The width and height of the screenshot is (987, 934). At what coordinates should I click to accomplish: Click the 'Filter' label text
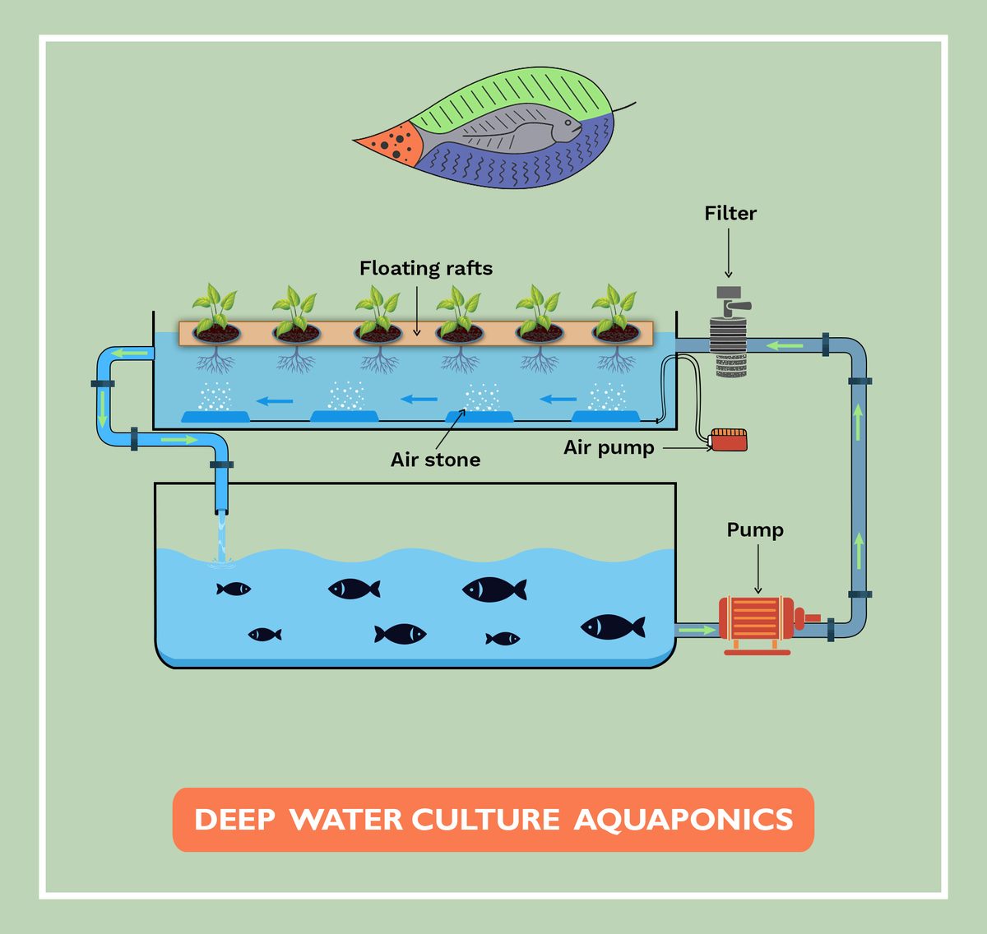click(730, 214)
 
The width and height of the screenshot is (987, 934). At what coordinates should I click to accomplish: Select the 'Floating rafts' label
click(425, 269)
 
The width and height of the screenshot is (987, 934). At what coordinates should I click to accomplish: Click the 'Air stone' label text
click(435, 460)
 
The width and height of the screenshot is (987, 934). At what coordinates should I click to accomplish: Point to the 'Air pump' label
click(609, 448)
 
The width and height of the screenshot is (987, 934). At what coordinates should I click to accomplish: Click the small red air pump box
click(729, 440)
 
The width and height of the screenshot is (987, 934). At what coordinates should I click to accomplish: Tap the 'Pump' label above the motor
click(754, 530)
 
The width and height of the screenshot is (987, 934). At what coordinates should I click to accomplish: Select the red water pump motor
click(757, 622)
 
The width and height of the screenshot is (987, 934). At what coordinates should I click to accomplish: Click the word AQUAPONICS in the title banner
click(683, 820)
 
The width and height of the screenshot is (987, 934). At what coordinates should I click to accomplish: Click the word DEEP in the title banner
click(234, 820)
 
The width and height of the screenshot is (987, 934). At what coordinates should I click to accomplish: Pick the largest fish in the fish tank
click(613, 627)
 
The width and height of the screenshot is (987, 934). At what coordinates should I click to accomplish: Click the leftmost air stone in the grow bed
click(215, 416)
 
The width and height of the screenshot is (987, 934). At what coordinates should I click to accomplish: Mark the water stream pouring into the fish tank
click(220, 539)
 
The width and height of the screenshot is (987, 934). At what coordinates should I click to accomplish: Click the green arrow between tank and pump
click(696, 630)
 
